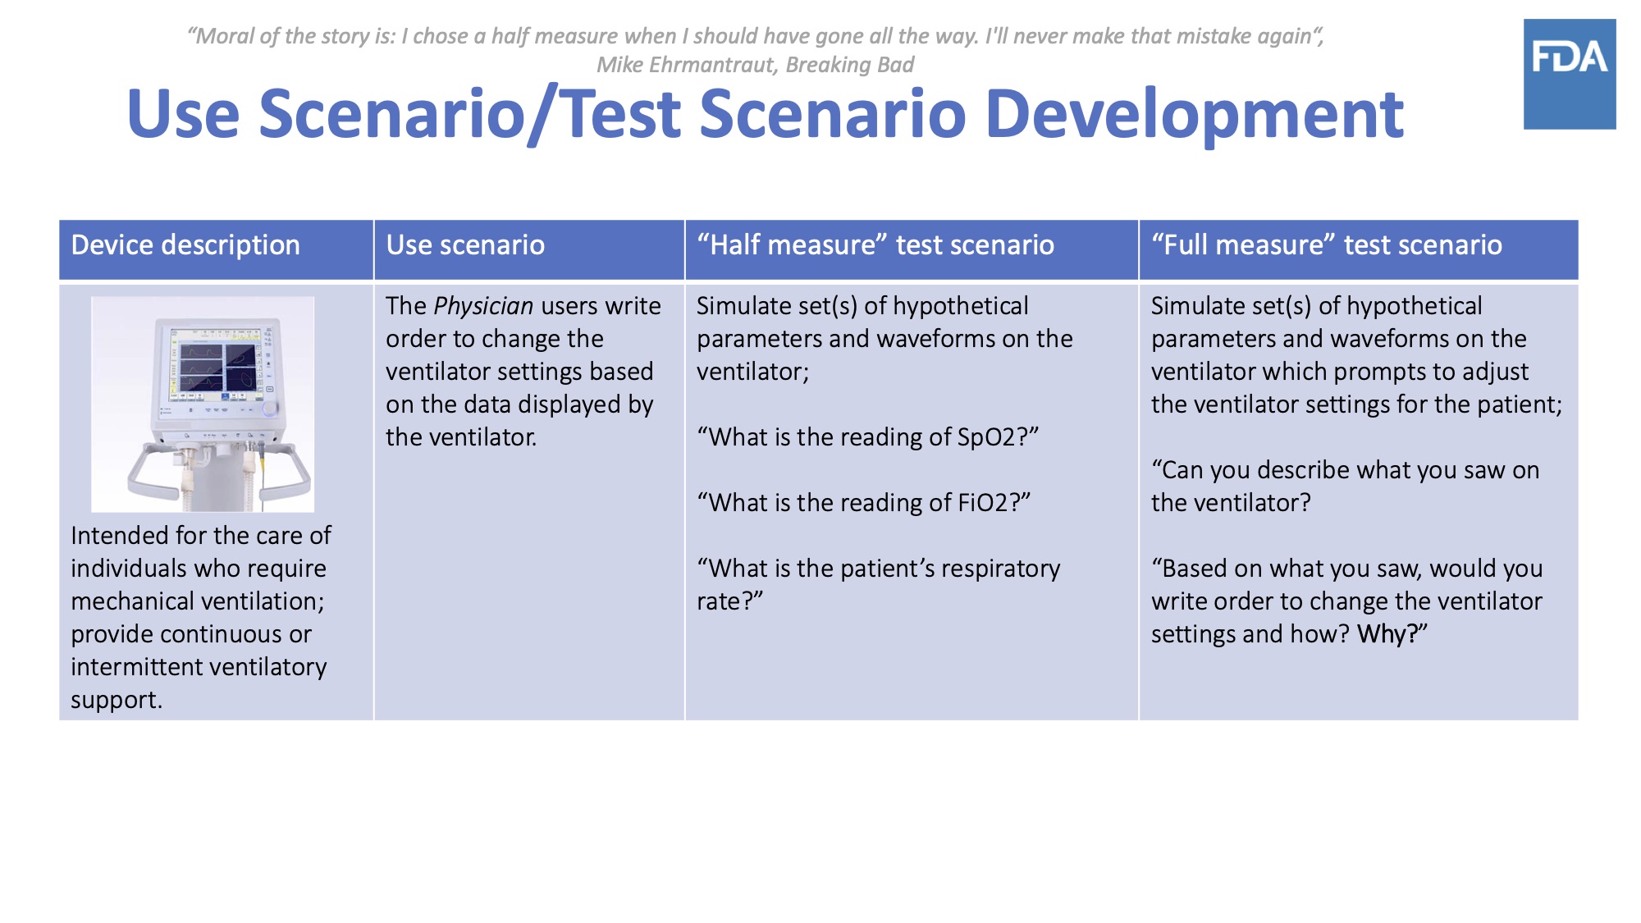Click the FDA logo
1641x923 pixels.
(1570, 74)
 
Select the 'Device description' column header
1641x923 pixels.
(185, 245)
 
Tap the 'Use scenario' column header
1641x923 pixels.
(465, 245)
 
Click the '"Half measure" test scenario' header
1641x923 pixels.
(875, 245)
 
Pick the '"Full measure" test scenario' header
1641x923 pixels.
(1327, 245)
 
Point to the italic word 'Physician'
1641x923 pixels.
(483, 306)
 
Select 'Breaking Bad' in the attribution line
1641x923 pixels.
(850, 65)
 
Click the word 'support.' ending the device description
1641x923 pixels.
(117, 701)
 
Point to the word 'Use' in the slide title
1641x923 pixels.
(184, 114)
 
